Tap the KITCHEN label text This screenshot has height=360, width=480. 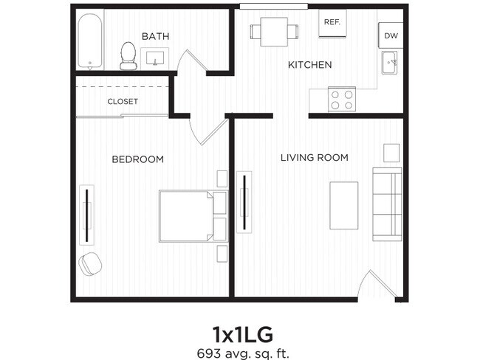[309, 65]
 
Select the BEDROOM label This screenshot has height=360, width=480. [137, 159]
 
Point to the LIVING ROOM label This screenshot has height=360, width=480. [314, 157]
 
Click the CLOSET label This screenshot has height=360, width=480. [123, 102]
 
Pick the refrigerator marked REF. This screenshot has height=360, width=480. [332, 22]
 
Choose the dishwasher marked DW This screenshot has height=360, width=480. [390, 35]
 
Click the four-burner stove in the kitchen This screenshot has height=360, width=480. [341, 100]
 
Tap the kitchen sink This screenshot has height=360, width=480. [390, 63]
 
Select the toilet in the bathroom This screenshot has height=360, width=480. [129, 55]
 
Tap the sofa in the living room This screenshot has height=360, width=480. [387, 203]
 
